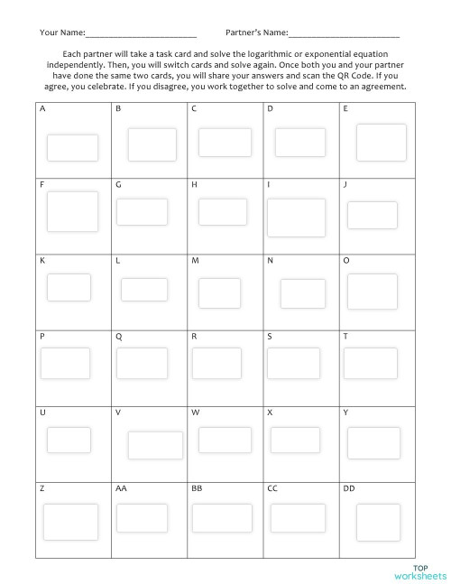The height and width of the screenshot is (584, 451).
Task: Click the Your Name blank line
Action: pyautogui.click(x=141, y=35)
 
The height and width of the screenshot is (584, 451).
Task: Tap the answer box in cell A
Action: pyautogui.click(x=60, y=147)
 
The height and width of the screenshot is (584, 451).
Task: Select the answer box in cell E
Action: pyautogui.click(x=381, y=143)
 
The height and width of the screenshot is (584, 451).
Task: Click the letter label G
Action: pyautogui.click(x=118, y=184)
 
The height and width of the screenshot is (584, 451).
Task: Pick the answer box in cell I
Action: pyautogui.click(x=296, y=218)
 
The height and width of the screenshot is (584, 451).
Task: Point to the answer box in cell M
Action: pyautogui.click(x=219, y=293)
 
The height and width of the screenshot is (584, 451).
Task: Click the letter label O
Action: pyautogui.click(x=346, y=260)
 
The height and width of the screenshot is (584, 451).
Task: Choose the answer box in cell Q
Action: pyautogui.click(x=141, y=363)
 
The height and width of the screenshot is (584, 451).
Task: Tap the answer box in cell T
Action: pyautogui.click(x=370, y=363)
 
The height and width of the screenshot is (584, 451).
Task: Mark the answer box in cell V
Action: pyautogui.click(x=155, y=445)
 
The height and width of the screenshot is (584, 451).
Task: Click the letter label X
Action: pyautogui.click(x=270, y=412)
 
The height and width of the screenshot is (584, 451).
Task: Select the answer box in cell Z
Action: pyautogui.click(x=69, y=521)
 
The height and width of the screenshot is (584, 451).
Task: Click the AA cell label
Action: pyautogui.click(x=121, y=488)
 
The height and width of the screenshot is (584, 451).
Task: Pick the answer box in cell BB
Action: pyautogui.click(x=221, y=517)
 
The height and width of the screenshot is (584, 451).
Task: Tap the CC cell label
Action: pyautogui.click(x=272, y=488)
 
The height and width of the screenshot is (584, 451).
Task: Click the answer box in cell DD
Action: pyautogui.click(x=377, y=522)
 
